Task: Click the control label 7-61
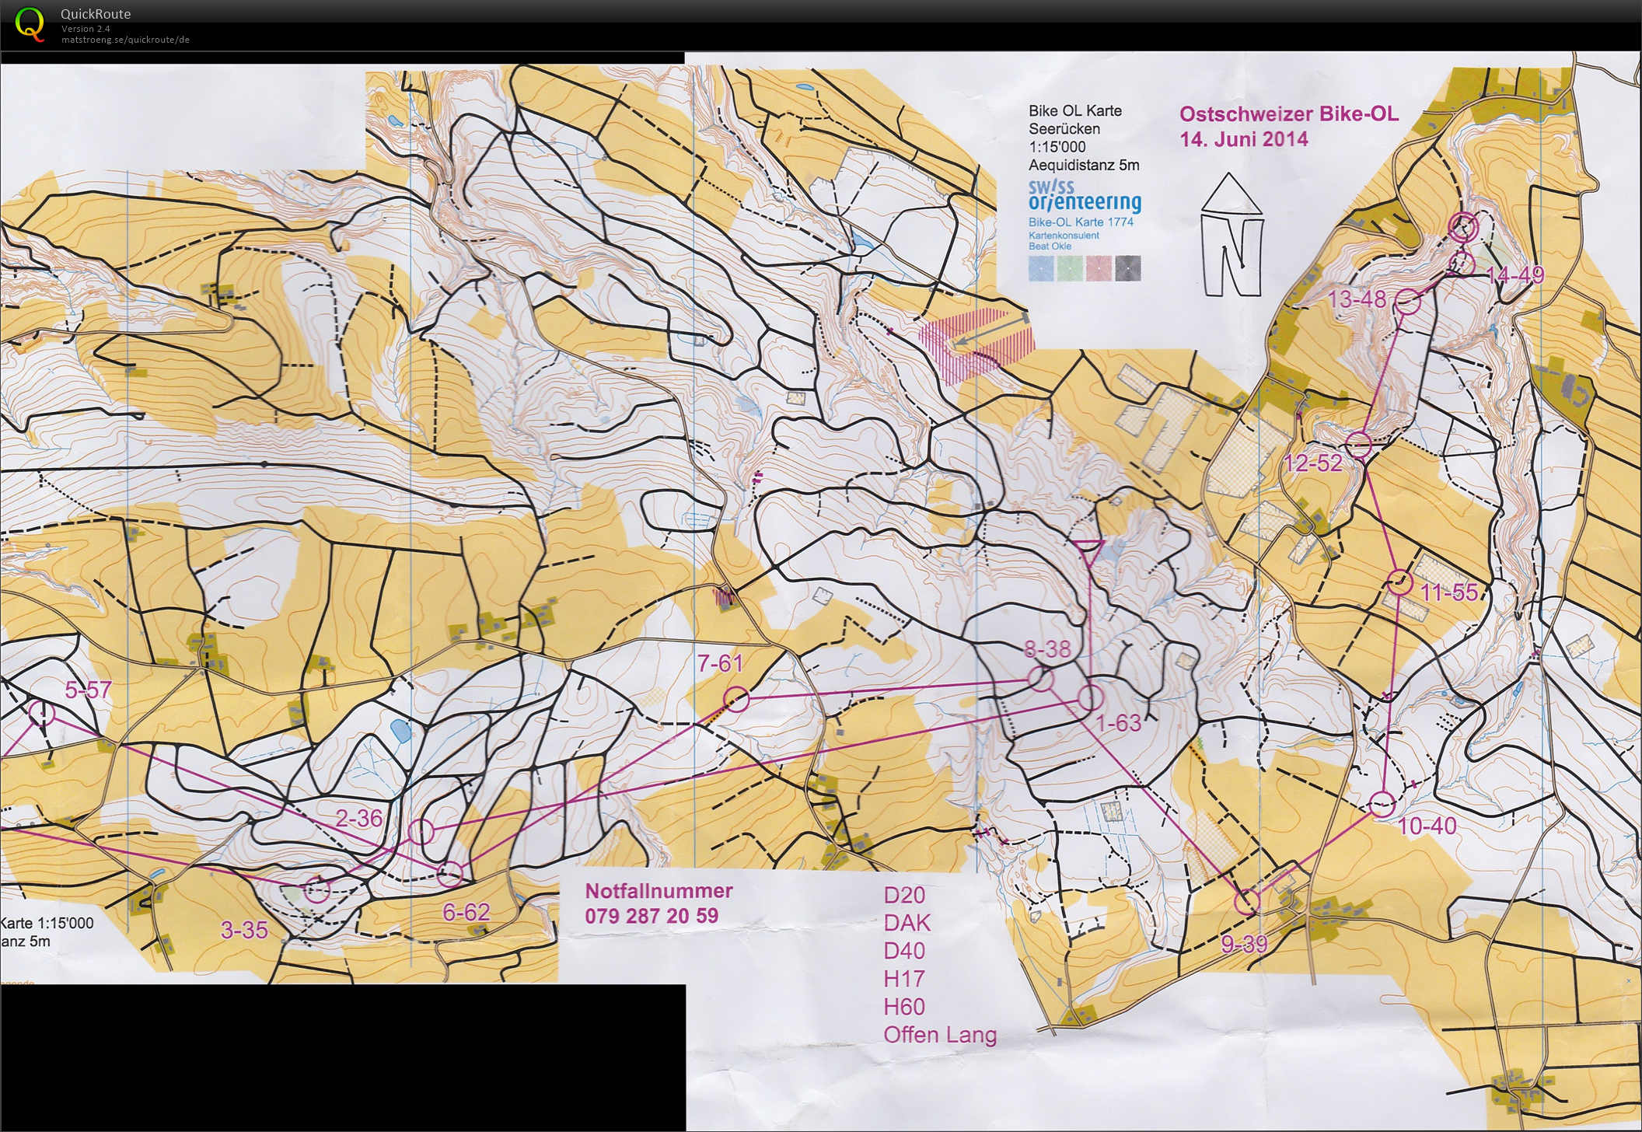pyautogui.click(x=720, y=663)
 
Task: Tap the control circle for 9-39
pyautogui.click(x=1247, y=902)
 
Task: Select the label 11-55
pyautogui.click(x=1448, y=592)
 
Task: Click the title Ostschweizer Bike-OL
pyautogui.click(x=1288, y=114)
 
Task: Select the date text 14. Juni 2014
pyautogui.click(x=1243, y=140)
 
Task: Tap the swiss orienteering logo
pyautogui.click(x=1084, y=197)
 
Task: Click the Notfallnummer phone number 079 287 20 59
pyautogui.click(x=652, y=916)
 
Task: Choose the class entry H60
pyautogui.click(x=903, y=1007)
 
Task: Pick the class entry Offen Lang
pyautogui.click(x=939, y=1035)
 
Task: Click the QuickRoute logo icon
pyautogui.click(x=30, y=23)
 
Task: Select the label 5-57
pyautogui.click(x=88, y=690)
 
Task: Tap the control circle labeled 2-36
pyautogui.click(x=421, y=831)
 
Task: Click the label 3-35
pyautogui.click(x=244, y=930)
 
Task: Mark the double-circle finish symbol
pyautogui.click(x=1463, y=226)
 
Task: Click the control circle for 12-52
pyautogui.click(x=1358, y=445)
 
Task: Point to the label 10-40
pyautogui.click(x=1427, y=826)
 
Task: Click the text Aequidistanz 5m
pyautogui.click(x=1083, y=165)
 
